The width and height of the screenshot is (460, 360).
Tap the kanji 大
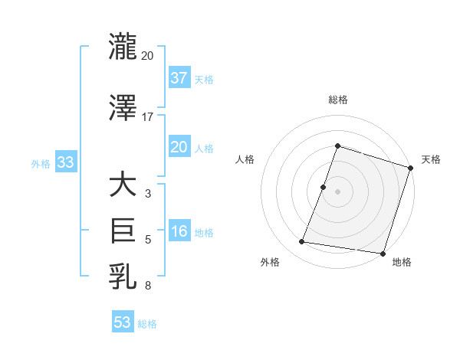click(123, 185)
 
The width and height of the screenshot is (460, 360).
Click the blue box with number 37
click(179, 78)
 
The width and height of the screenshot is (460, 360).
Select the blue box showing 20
click(179, 148)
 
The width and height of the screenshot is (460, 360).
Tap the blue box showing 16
click(179, 232)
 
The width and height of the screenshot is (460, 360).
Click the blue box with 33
click(65, 162)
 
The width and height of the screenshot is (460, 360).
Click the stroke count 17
click(147, 117)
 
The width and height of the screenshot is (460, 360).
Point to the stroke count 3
click(147, 194)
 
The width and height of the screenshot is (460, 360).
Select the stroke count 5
click(147, 240)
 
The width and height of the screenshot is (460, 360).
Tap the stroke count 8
click(147, 285)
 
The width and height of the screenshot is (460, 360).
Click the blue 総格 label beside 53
click(147, 324)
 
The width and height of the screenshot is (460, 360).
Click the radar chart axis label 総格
click(337, 100)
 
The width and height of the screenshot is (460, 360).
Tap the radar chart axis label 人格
click(245, 159)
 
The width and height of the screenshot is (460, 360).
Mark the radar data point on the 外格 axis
click(302, 242)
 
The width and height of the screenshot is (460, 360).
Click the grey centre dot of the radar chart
click(337, 191)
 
